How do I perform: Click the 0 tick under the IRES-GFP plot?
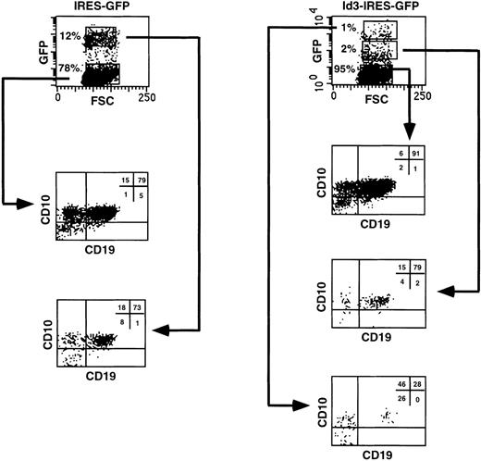[58, 94]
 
